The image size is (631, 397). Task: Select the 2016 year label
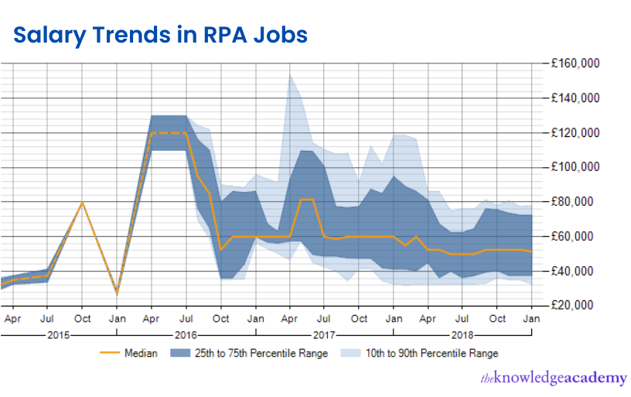click(x=186, y=334)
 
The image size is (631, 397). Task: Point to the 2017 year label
click(x=323, y=334)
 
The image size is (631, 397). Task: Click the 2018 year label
click(x=462, y=334)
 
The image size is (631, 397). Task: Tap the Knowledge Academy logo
click(x=553, y=378)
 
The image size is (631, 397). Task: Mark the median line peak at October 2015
click(x=82, y=202)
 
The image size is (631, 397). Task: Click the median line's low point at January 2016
click(x=117, y=292)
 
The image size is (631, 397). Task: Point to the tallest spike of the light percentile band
click(x=289, y=74)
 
